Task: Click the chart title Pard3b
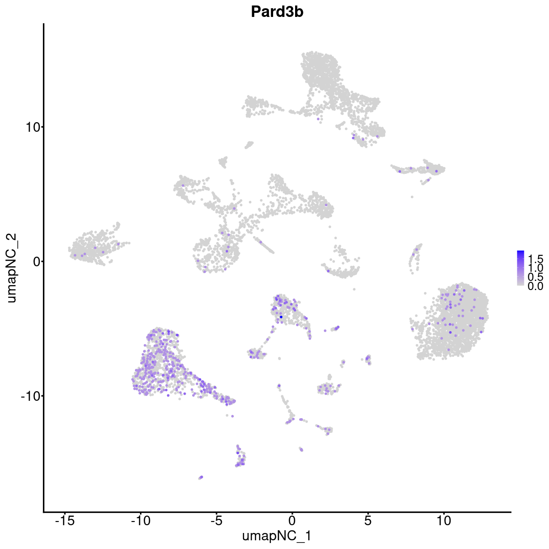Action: [277, 12]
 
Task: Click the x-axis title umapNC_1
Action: [277, 536]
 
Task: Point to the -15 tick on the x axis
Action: [65, 521]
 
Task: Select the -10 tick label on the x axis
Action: [140, 521]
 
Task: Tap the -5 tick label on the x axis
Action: [216, 521]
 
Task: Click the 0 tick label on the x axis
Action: [292, 521]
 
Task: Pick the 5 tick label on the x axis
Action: [368, 521]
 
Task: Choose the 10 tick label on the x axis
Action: [443, 521]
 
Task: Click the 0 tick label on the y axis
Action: [36, 261]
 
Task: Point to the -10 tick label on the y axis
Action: [30, 396]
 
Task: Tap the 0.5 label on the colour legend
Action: [535, 277]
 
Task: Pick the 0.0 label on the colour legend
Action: [535, 286]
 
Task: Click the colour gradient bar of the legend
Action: [521, 268]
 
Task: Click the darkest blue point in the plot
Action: [281, 317]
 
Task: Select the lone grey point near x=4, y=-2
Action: [354, 289]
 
